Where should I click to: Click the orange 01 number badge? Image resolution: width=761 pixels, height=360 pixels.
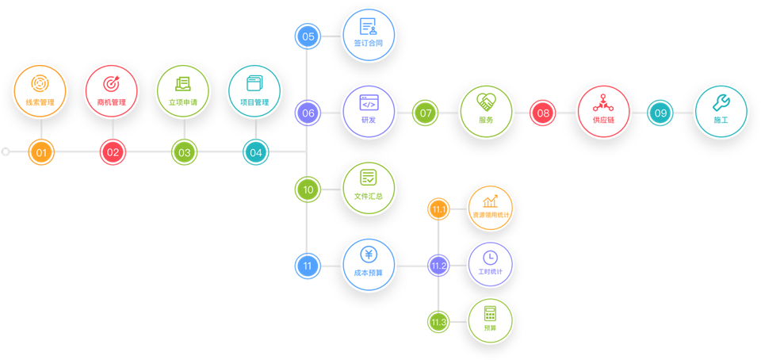pos(41,152)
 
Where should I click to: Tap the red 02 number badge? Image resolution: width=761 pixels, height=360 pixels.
pos(113,152)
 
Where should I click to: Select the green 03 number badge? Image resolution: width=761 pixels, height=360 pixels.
pos(184,152)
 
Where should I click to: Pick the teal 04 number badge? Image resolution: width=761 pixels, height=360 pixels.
pos(255,152)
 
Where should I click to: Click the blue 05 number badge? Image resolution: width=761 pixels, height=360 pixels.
pos(308,36)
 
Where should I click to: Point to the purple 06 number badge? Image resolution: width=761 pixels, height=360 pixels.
pos(308,113)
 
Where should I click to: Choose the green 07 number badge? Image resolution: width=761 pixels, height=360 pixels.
pos(426,113)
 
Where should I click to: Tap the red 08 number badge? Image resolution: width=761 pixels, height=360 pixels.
pos(543,113)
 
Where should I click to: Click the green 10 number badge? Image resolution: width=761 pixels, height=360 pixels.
pos(308,190)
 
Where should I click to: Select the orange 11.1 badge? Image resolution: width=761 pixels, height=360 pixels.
pos(438,209)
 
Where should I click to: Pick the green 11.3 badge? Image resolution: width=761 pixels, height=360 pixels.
pos(438,322)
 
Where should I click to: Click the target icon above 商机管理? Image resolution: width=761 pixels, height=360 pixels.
pos(111,83)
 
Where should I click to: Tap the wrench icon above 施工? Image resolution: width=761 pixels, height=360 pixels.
pos(720,101)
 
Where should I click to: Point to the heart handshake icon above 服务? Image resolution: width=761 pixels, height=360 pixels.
pos(486,101)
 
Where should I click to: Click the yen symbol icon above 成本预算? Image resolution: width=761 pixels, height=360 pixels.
pos(369,255)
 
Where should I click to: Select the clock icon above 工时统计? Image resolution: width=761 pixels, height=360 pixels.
pos(491,257)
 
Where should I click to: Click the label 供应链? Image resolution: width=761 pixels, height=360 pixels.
pos(603,121)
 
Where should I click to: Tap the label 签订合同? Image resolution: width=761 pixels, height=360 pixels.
pos(369,44)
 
